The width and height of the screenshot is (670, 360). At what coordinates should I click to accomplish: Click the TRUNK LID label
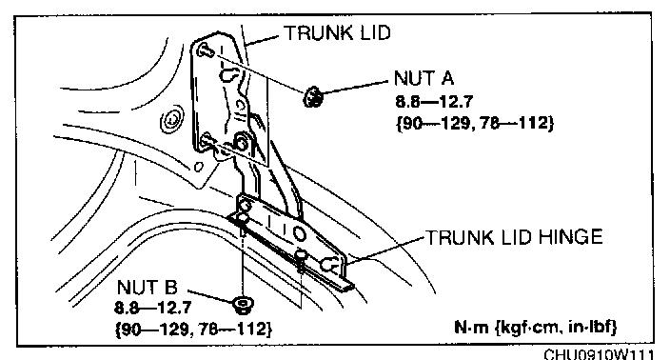(x=338, y=33)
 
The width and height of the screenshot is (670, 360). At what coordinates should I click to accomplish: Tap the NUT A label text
(x=424, y=78)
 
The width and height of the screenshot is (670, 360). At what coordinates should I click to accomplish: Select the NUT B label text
(x=147, y=288)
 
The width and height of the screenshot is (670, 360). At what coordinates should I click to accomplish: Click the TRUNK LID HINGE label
(x=515, y=237)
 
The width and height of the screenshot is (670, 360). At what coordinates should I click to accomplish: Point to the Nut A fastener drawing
(x=313, y=96)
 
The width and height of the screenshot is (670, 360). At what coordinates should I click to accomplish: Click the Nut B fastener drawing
(x=243, y=305)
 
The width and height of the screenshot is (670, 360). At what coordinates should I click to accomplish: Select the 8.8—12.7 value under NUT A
(x=434, y=102)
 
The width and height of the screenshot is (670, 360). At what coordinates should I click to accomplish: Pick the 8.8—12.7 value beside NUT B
(x=153, y=308)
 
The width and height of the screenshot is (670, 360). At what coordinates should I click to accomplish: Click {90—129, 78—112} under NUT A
(x=475, y=123)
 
